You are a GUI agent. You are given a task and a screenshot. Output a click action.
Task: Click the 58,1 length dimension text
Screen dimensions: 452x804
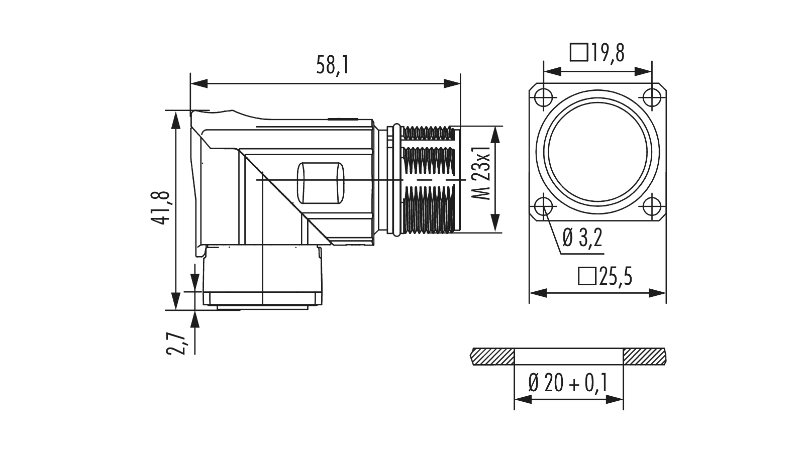[332, 65]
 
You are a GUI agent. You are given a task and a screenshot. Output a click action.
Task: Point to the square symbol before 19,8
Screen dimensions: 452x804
[579, 52]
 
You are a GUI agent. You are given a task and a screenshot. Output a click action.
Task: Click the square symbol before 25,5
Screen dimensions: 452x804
[586, 277]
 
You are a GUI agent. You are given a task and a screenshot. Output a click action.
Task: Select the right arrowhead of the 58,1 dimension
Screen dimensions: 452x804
[452, 83]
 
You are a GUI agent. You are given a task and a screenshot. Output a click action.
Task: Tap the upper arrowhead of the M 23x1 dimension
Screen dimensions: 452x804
[495, 133]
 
